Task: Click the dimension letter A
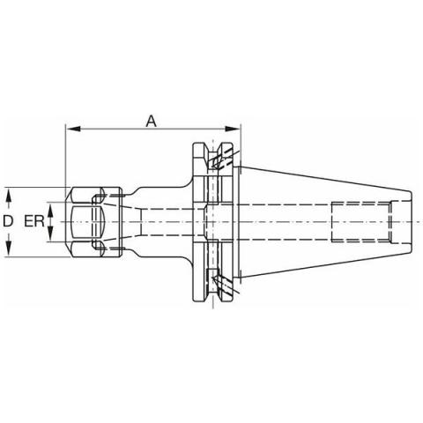coord(151,121)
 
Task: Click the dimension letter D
coord(8,221)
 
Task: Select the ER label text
coord(35,221)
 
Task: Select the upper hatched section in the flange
coord(219,160)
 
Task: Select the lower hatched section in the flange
coord(219,282)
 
